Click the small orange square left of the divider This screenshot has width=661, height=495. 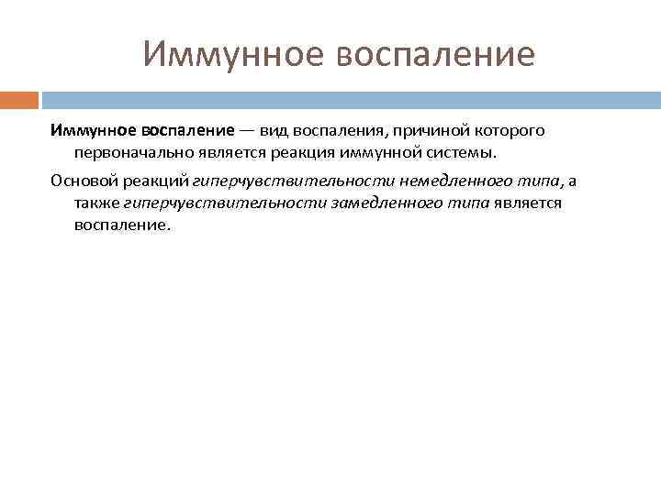pos(19,98)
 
